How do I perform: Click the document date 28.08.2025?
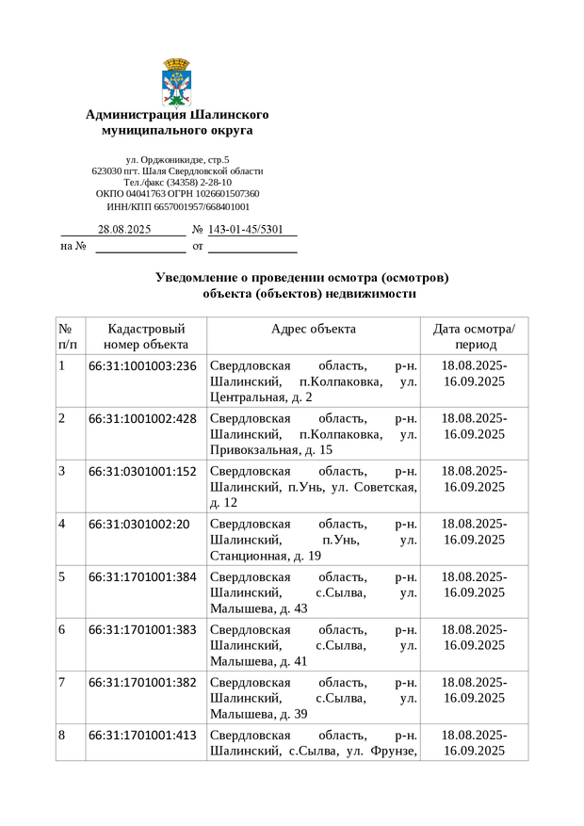coord(124,229)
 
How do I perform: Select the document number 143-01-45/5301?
coord(245,229)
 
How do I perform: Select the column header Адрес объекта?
coord(313,329)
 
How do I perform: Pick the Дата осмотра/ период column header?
coord(474,336)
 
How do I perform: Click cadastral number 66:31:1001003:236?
coord(142,365)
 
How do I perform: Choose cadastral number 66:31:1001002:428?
coord(142,418)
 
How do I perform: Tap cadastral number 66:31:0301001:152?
coord(142,471)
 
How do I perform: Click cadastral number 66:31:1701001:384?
coord(142,576)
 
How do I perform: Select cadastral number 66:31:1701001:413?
coord(142,735)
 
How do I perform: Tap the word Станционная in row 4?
coord(247,556)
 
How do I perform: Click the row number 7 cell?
coord(63,682)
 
